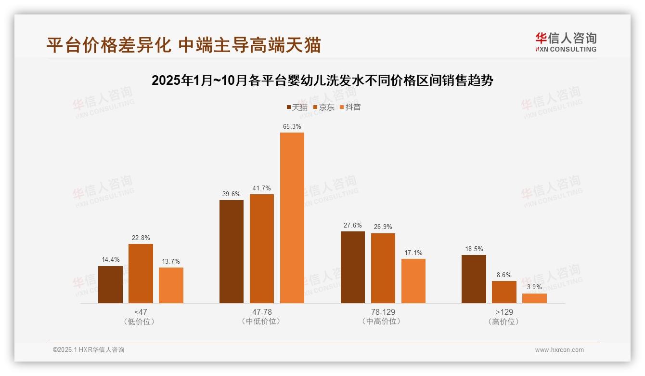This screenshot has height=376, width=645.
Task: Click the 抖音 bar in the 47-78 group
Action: click(x=292, y=218)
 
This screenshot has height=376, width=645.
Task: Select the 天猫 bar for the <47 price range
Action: click(x=110, y=284)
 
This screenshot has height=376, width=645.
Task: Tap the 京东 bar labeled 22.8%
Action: click(x=141, y=273)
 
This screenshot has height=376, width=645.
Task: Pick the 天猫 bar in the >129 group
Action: click(x=474, y=279)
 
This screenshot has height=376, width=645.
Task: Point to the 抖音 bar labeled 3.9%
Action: click(x=534, y=298)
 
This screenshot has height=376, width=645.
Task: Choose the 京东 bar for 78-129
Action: click(x=383, y=268)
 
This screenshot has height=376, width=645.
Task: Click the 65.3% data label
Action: click(x=292, y=127)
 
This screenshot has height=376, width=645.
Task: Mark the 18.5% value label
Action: click(x=474, y=249)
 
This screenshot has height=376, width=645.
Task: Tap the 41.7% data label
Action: click(x=262, y=188)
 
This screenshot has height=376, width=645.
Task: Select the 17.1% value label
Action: click(x=413, y=253)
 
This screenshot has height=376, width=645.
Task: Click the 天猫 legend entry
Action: click(x=297, y=107)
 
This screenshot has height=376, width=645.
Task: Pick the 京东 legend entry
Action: click(x=323, y=107)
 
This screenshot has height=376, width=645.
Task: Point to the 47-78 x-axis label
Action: click(x=262, y=312)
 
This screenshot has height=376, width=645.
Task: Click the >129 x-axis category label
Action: click(x=504, y=312)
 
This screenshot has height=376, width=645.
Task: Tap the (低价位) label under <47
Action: click(x=141, y=322)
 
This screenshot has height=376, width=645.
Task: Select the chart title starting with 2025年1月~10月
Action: click(x=322, y=81)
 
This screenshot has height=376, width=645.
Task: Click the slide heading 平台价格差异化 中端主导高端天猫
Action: click(x=183, y=45)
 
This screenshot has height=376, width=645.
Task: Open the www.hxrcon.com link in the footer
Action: click(x=559, y=350)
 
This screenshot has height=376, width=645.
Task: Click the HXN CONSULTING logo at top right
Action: click(x=566, y=42)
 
